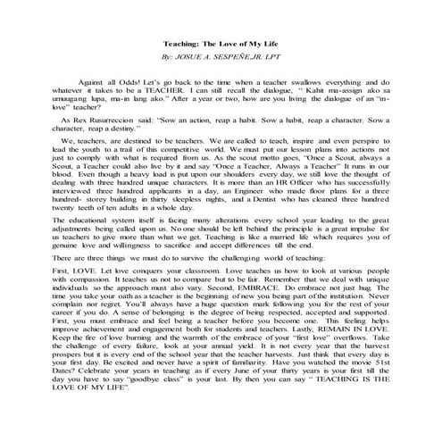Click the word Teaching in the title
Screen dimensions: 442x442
(183, 44)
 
